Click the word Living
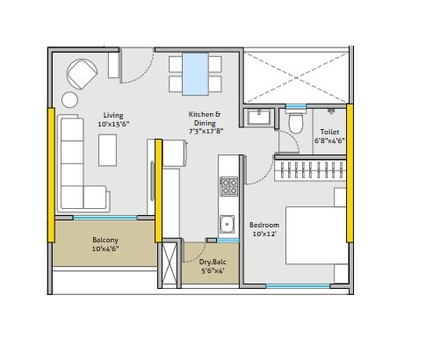pos(112,115)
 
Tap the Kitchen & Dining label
pos(205,115)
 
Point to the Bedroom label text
pos(264,224)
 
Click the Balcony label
pos(105,240)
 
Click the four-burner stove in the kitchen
pos(228,186)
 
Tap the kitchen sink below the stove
pos(227,222)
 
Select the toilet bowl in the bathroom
pos(296,128)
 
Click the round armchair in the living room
pos(84,73)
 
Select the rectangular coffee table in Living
pos(107,150)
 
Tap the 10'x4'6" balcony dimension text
pos(105,250)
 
